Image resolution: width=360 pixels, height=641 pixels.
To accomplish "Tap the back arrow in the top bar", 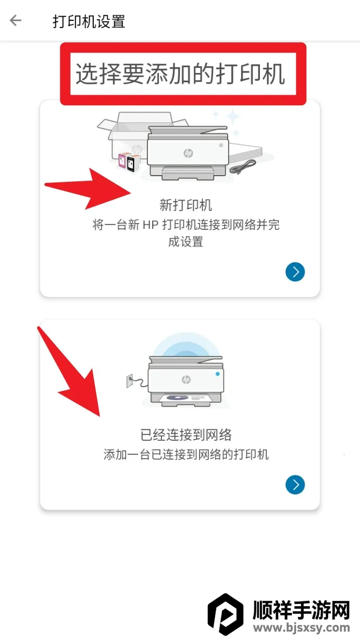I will click(x=16, y=21).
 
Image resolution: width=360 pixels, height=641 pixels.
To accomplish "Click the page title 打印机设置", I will click(x=89, y=21).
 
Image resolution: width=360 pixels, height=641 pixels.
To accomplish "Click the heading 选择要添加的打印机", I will click(x=180, y=74).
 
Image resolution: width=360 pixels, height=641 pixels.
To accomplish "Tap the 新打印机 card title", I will click(x=185, y=205).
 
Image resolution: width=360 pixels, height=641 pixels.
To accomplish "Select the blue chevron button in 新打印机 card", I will click(x=295, y=272).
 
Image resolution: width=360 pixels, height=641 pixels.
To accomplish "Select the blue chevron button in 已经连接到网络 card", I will click(x=295, y=485).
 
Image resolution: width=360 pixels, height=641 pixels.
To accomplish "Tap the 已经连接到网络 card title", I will click(x=186, y=435).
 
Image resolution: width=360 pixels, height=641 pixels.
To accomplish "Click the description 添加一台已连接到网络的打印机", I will click(x=186, y=454).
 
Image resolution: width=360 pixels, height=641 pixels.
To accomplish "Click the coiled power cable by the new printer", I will click(x=244, y=167).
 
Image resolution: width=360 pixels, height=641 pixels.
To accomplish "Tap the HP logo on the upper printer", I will click(x=188, y=153).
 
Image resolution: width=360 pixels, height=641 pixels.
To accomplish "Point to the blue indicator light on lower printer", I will click(x=218, y=374).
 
